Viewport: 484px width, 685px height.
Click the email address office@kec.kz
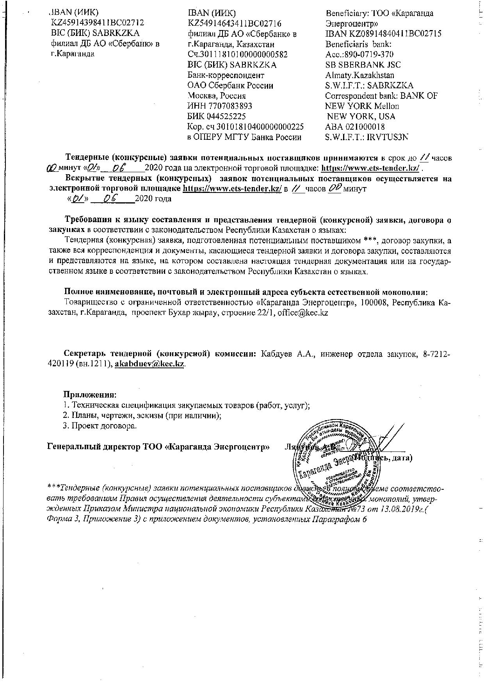[302, 313]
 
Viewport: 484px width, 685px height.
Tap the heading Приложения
[90, 395]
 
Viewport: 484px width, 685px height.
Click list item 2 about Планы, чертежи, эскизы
[142, 416]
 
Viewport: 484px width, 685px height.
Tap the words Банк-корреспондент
[226, 75]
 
